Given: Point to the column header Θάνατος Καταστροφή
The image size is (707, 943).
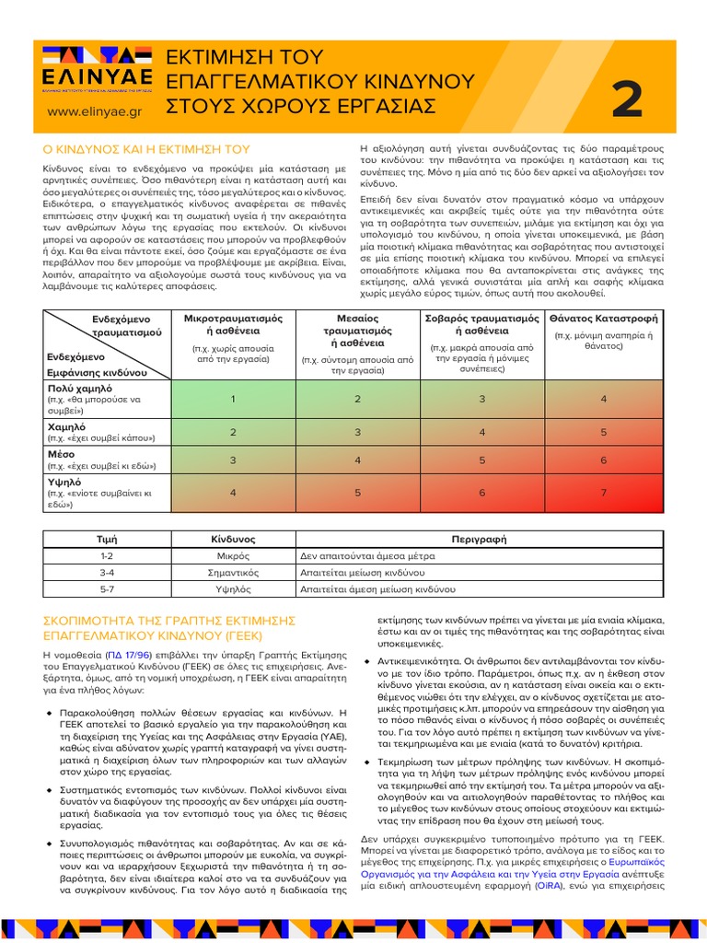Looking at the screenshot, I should click(604, 318).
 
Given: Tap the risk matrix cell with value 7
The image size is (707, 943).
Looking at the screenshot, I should click(604, 493).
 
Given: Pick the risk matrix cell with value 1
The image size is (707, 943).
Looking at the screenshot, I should click(233, 399).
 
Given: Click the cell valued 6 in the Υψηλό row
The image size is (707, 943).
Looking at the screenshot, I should click(481, 493).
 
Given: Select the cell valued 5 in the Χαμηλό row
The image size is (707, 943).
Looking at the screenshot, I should click(604, 432).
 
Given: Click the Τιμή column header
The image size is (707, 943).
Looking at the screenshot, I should click(107, 540).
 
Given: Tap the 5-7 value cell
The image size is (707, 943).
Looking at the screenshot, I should click(107, 588).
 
